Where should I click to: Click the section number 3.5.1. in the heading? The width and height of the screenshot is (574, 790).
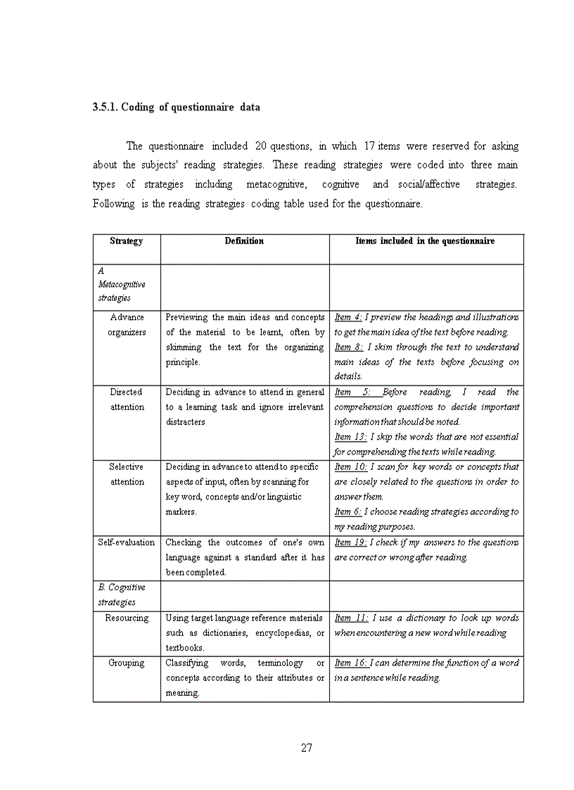pos(106,108)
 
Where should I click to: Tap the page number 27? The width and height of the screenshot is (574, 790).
pos(306,748)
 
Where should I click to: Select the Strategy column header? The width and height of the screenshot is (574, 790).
pos(127,241)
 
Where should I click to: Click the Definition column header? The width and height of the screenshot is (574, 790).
pos(244,241)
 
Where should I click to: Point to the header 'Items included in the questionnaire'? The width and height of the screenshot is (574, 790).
pos(425,241)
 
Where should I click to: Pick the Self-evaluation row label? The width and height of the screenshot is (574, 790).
pos(127,542)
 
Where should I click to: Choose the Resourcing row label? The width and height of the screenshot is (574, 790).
pos(127,618)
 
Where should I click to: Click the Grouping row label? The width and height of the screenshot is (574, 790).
pos(127,663)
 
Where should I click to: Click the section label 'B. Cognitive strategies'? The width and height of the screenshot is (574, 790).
pos(122,594)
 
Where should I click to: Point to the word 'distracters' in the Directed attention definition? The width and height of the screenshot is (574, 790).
pos(186,422)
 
